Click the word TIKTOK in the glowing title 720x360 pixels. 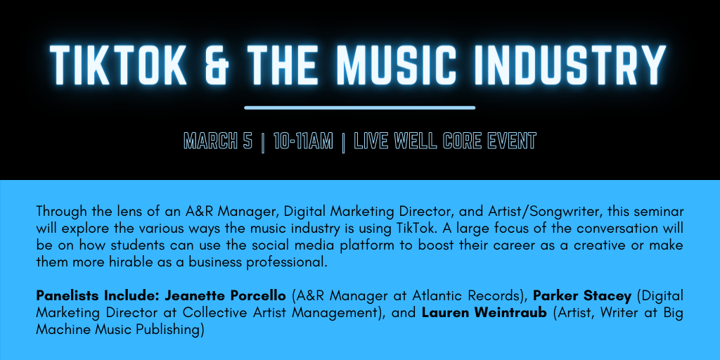[118, 65]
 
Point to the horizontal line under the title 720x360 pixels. [359, 108]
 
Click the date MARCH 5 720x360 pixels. [218, 141]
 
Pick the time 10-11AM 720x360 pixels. [303, 141]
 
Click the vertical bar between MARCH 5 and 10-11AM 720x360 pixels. [263, 142]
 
